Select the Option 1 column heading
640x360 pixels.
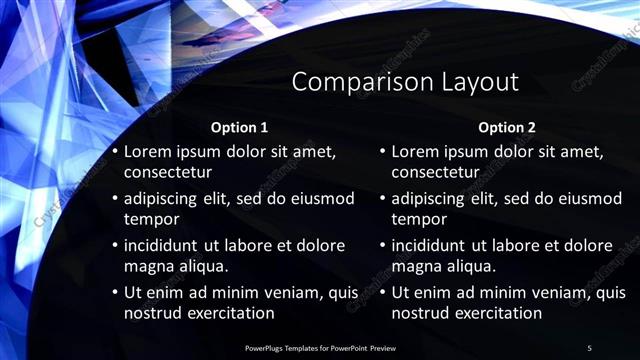tap(239, 128)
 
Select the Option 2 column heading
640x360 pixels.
tap(507, 128)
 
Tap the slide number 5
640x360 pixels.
tap(589, 347)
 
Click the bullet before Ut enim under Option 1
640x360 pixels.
tap(115, 293)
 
